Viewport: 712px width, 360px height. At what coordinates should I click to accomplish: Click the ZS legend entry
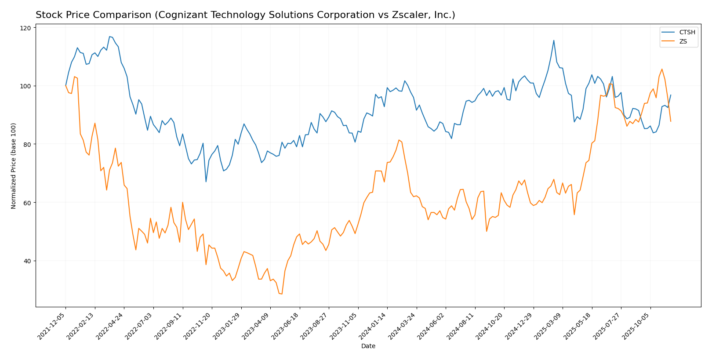(683, 42)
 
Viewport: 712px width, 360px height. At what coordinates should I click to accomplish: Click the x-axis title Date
(368, 346)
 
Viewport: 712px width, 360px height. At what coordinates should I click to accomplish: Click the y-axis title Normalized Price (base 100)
(14, 166)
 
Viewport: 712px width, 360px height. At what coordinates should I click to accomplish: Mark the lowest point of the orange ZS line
(282, 294)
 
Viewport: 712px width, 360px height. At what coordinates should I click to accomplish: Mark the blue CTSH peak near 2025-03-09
(553, 40)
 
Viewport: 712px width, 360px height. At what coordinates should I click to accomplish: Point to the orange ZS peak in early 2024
(399, 140)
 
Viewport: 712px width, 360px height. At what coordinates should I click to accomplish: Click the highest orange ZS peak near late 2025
(662, 69)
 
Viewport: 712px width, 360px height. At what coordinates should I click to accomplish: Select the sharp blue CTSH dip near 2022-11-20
(206, 182)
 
